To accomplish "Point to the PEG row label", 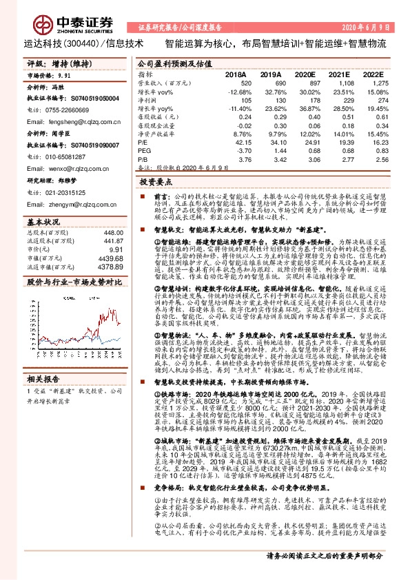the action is click(x=143, y=149).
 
